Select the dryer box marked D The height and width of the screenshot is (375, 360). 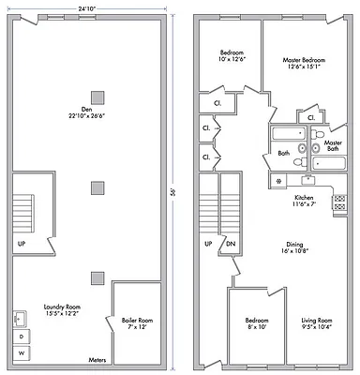click(22, 335)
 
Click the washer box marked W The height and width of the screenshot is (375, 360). click(22, 352)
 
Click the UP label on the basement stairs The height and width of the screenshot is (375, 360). click(21, 246)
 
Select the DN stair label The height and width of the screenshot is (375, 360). click(231, 246)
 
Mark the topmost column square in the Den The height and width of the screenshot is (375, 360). click(97, 97)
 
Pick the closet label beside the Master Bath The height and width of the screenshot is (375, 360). click(310, 118)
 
